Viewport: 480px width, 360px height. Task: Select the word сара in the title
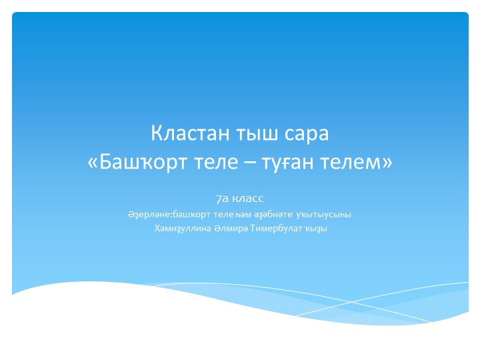(305, 133)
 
